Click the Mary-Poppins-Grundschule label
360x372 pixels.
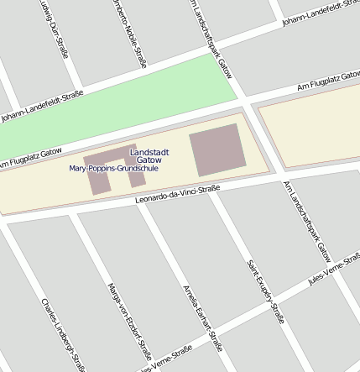point(113,169)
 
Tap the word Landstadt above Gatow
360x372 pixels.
point(149,150)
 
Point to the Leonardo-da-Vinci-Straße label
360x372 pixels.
point(177,195)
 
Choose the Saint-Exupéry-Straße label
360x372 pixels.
point(264,291)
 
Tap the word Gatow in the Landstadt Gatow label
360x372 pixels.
point(149,159)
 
